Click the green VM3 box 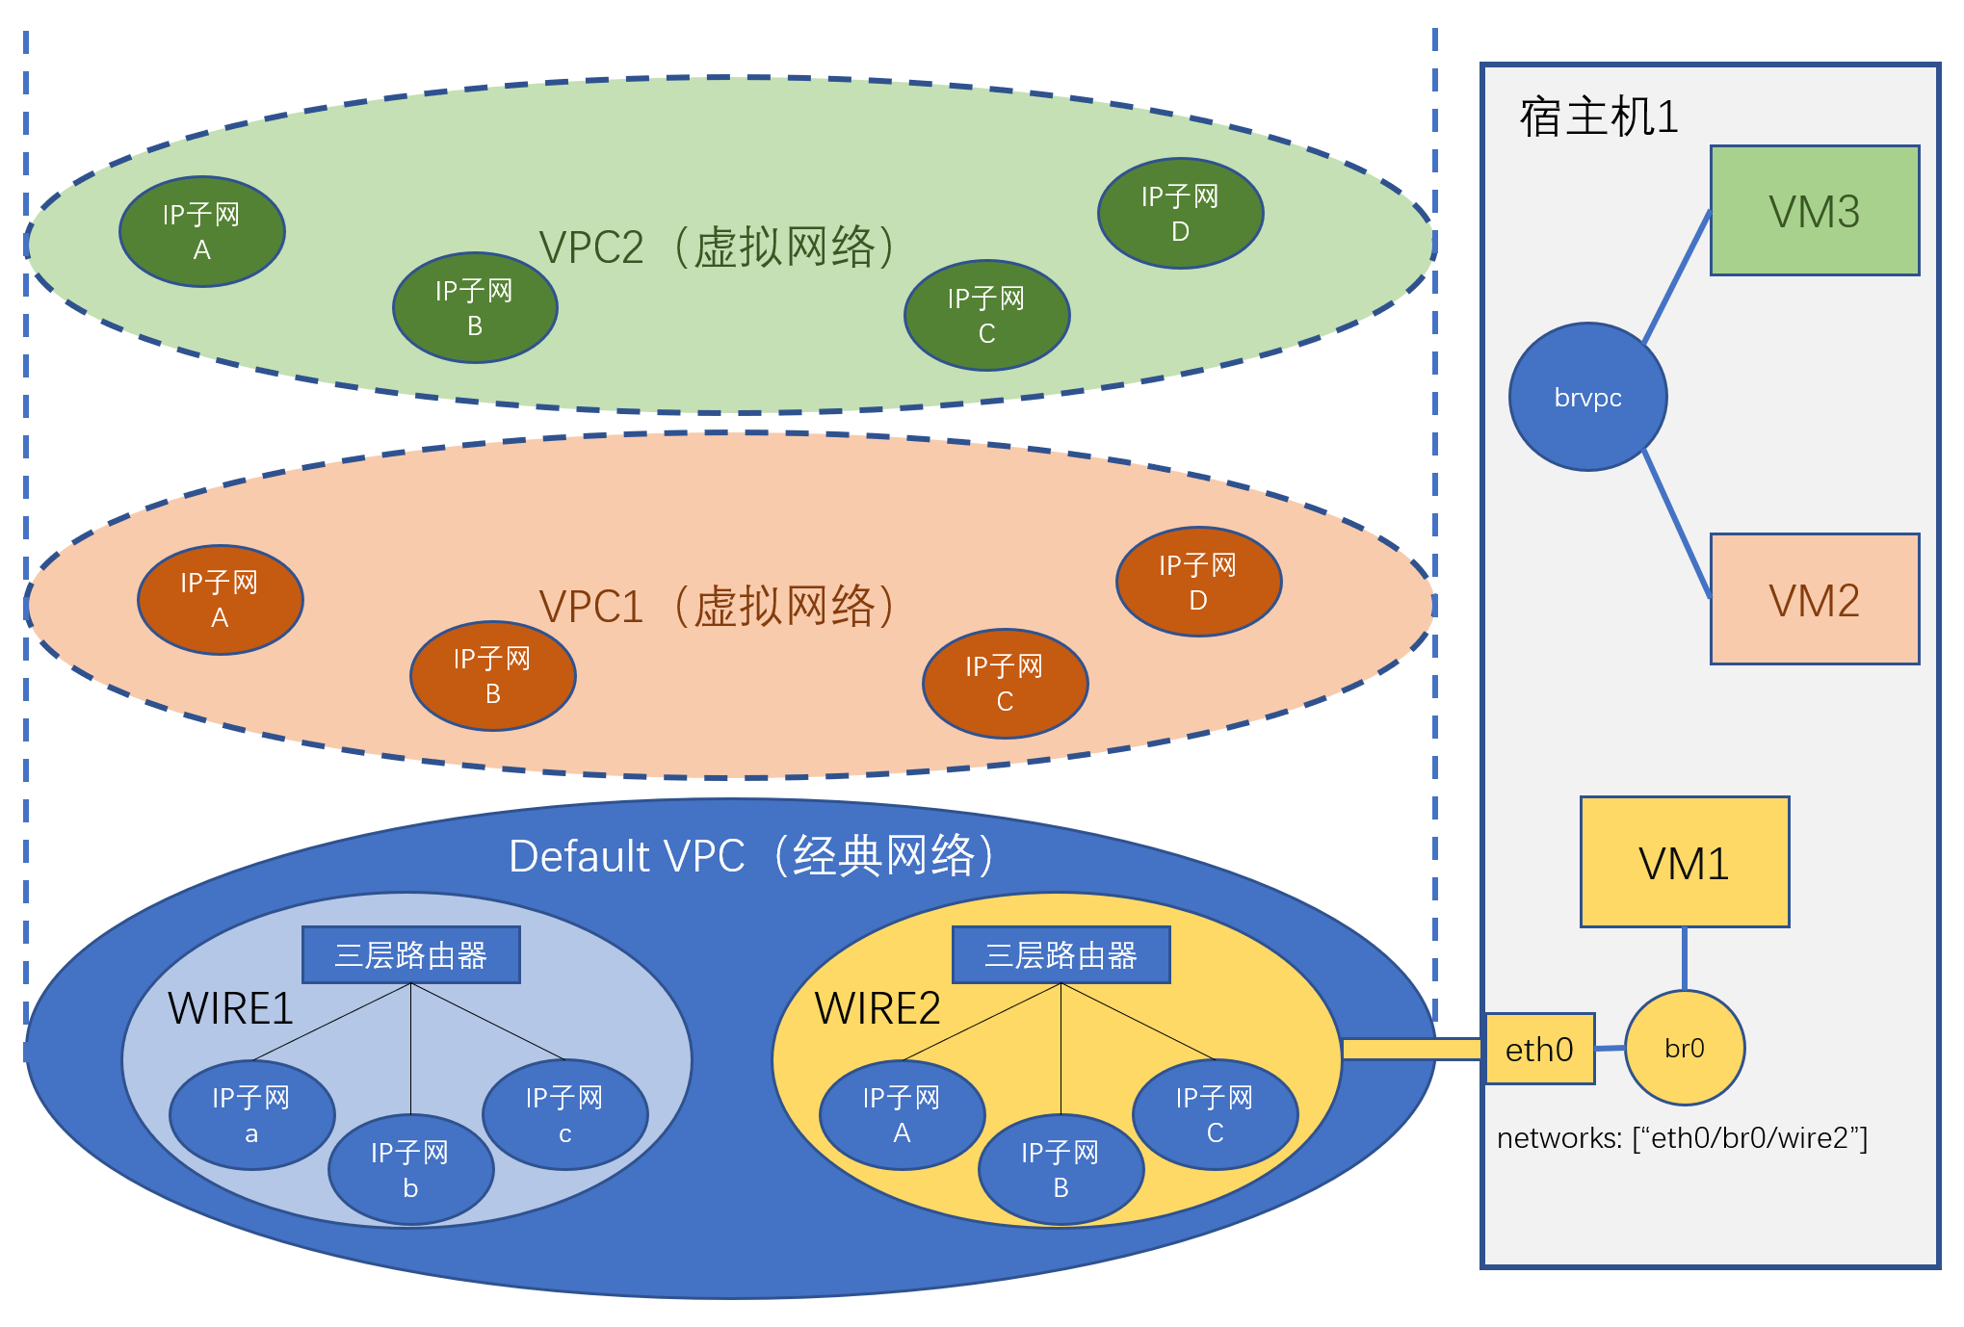click(x=1814, y=211)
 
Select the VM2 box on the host click(x=1814, y=599)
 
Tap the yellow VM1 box click(x=1684, y=862)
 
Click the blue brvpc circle click(x=1587, y=397)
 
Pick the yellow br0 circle click(x=1684, y=1048)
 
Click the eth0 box click(x=1539, y=1049)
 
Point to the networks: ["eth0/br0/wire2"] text click(x=1682, y=1138)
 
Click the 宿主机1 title click(x=1599, y=117)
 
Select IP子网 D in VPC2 click(x=1180, y=214)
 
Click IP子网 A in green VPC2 click(x=201, y=232)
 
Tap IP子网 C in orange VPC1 click(x=1005, y=684)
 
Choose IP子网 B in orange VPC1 click(x=492, y=676)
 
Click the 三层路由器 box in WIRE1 click(x=410, y=955)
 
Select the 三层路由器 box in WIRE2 click(x=1061, y=955)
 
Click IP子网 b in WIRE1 click(x=410, y=1170)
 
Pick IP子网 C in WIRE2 click(x=1215, y=1115)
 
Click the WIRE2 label click(x=877, y=1008)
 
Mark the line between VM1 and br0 click(x=1684, y=959)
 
